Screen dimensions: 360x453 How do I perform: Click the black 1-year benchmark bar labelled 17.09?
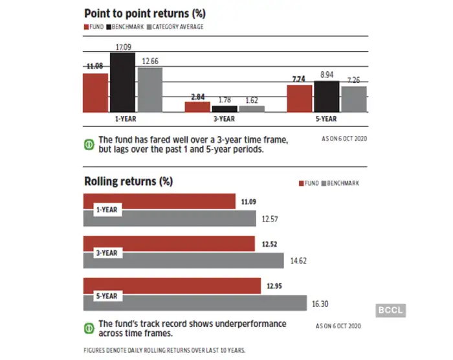click(x=122, y=82)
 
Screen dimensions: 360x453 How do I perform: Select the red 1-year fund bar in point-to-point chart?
click(x=95, y=93)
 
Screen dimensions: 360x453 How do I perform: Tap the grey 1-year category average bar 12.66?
click(x=149, y=89)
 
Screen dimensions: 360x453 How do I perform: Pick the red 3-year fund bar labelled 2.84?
click(x=198, y=107)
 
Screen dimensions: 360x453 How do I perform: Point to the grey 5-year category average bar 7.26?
click(x=354, y=99)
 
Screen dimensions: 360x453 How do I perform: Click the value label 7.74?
click(x=298, y=79)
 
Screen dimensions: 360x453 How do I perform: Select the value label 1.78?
click(x=225, y=100)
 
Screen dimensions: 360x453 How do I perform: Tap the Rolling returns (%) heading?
click(x=128, y=181)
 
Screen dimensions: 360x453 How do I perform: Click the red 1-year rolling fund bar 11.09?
click(x=159, y=201)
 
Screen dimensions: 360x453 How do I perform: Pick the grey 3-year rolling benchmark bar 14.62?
click(x=184, y=260)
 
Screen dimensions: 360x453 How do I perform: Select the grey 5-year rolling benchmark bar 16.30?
click(x=195, y=302)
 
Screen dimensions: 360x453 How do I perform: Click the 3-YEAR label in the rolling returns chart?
click(x=107, y=253)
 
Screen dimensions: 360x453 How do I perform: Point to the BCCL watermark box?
click(x=388, y=310)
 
